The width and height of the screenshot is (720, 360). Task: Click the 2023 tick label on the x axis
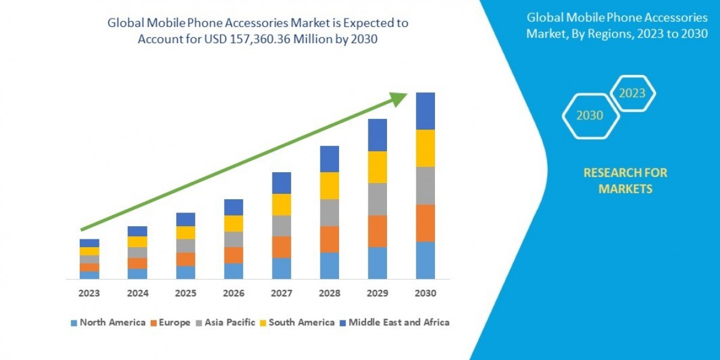pyautogui.click(x=89, y=294)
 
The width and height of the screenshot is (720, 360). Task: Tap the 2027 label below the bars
pyautogui.click(x=281, y=294)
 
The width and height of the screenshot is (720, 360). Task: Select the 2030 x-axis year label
pyautogui.click(x=425, y=294)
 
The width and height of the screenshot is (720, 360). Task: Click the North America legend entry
pyautogui.click(x=108, y=322)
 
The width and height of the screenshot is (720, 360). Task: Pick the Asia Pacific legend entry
pyautogui.click(x=225, y=322)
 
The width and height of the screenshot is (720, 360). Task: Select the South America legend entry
pyautogui.click(x=296, y=322)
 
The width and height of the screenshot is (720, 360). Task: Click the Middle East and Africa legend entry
pyautogui.click(x=394, y=322)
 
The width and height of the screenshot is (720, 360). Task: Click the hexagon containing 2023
pyautogui.click(x=632, y=94)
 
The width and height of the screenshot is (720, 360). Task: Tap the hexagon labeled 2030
pyautogui.click(x=590, y=116)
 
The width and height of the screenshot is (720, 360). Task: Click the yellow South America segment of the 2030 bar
pyautogui.click(x=425, y=148)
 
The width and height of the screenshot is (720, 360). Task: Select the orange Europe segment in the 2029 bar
pyautogui.click(x=377, y=231)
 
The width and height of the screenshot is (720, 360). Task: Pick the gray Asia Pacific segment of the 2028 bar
pyautogui.click(x=329, y=212)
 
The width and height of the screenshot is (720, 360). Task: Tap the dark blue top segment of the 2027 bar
pyautogui.click(x=281, y=183)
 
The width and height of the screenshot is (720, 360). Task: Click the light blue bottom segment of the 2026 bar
pyautogui.click(x=233, y=271)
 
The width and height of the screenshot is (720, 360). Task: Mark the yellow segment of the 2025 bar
pyautogui.click(x=185, y=233)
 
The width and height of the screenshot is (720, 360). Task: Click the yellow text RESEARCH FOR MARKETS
pyautogui.click(x=625, y=181)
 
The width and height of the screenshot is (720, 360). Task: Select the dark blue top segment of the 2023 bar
pyautogui.click(x=89, y=243)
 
